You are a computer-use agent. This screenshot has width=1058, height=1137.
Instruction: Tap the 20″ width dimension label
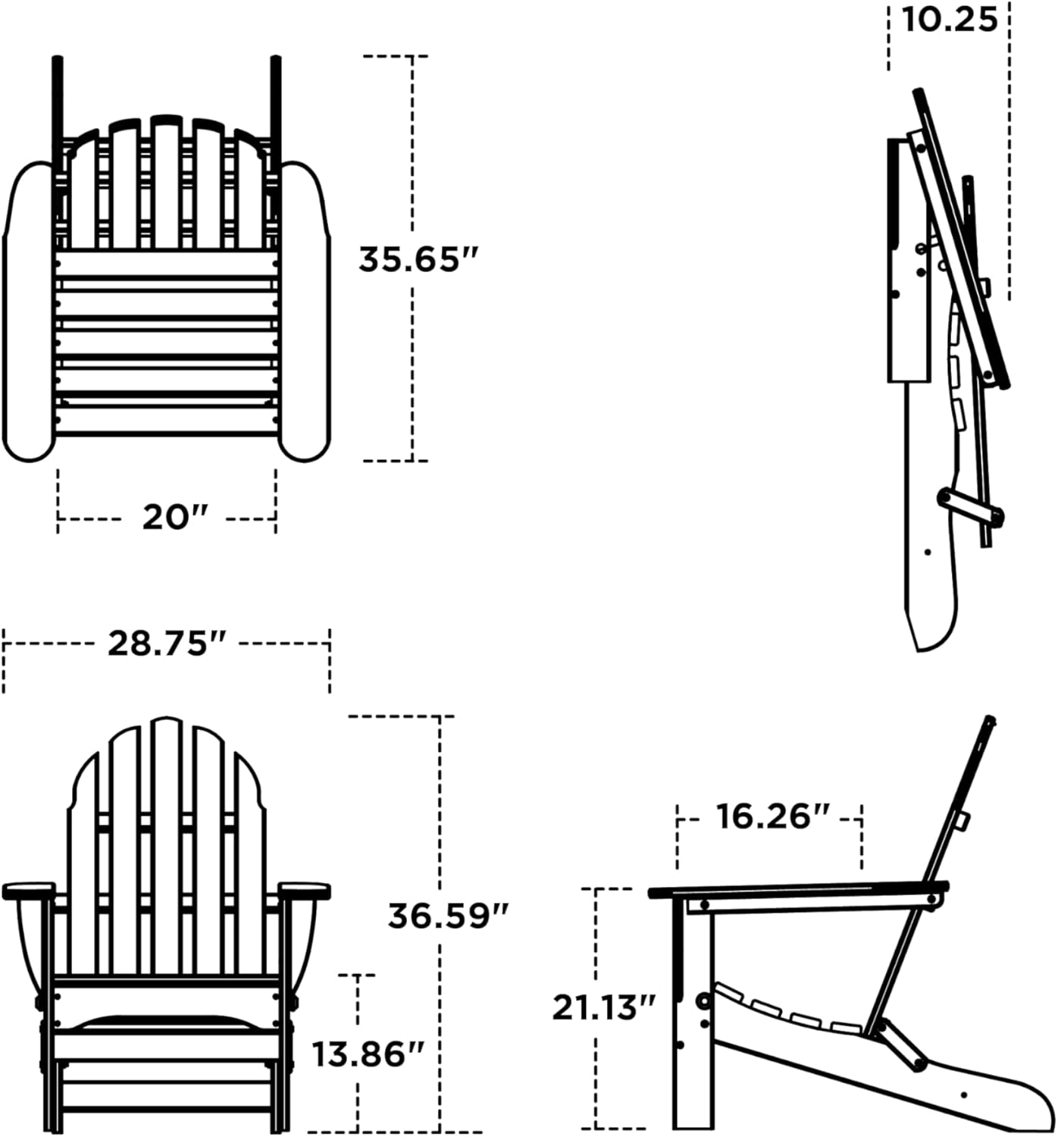click(x=174, y=518)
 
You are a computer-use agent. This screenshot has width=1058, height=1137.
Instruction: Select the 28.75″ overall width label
click(x=167, y=644)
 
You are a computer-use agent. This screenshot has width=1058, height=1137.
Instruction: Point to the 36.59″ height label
click(x=447, y=916)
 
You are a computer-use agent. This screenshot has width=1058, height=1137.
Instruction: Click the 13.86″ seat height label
click(x=368, y=1054)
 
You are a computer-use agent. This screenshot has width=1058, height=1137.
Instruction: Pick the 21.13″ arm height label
click(x=603, y=1008)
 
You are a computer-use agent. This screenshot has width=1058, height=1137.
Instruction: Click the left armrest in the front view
click(x=29, y=890)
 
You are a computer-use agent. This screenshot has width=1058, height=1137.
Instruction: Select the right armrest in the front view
click(x=305, y=890)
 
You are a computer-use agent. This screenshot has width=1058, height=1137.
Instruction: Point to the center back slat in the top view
click(x=167, y=182)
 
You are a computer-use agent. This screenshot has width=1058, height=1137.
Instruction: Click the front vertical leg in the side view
click(x=692, y=1023)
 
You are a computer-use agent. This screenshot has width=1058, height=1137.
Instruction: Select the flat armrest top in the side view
click(x=796, y=888)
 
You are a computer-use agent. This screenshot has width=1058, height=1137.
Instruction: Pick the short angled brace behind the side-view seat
click(x=902, y=1045)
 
